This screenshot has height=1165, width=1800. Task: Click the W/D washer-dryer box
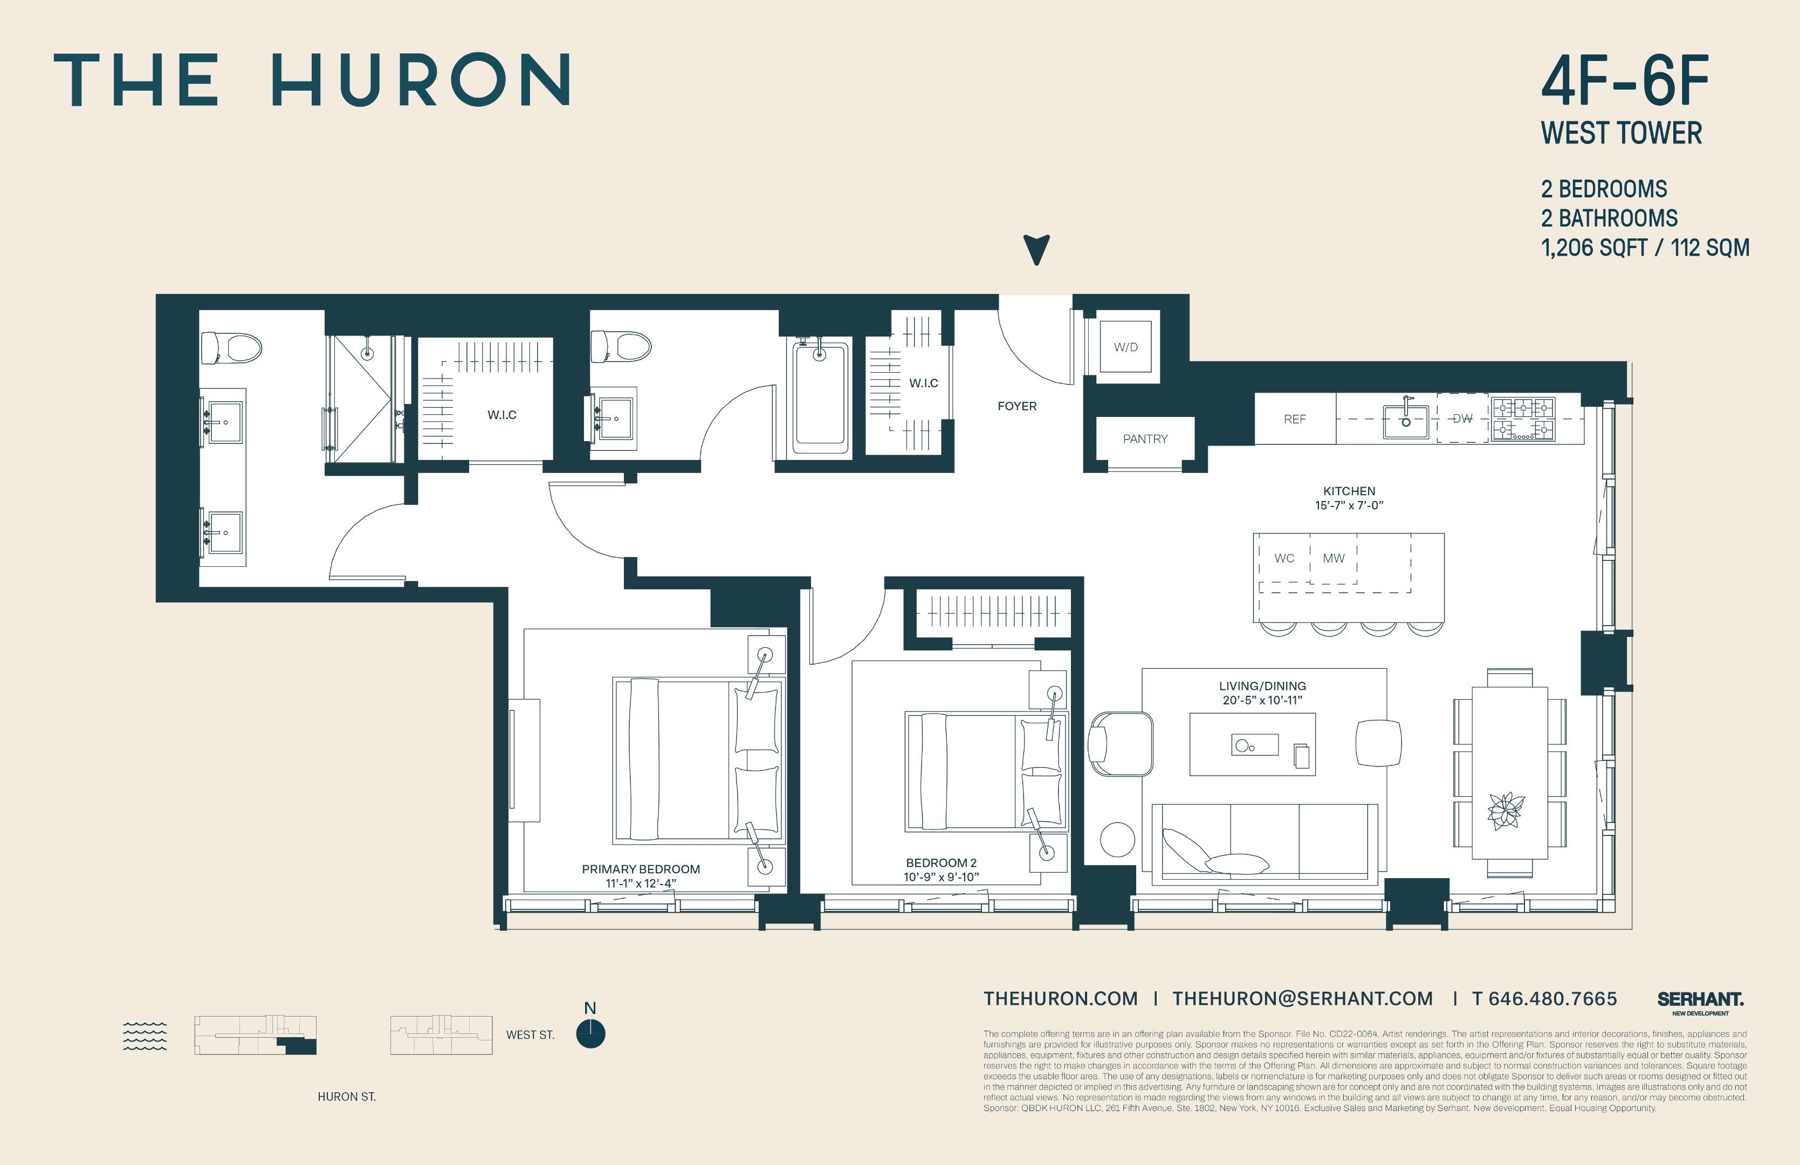pyautogui.click(x=1125, y=346)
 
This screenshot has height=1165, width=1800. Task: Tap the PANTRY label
pyautogui.click(x=1144, y=439)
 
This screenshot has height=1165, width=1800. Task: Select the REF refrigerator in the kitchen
pyautogui.click(x=1295, y=419)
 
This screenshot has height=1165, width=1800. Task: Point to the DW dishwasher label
pyautogui.click(x=1462, y=419)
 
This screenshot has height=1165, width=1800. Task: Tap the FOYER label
pyautogui.click(x=1016, y=406)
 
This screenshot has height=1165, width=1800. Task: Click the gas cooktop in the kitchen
pyautogui.click(x=1522, y=419)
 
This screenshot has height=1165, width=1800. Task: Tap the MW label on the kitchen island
pyautogui.click(x=1334, y=558)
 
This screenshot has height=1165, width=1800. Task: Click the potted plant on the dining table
pyautogui.click(x=1506, y=811)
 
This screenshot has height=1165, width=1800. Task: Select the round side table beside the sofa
pyautogui.click(x=1117, y=840)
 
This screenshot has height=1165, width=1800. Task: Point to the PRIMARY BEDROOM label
pyautogui.click(x=641, y=869)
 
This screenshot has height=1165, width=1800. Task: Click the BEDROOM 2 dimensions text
pyautogui.click(x=941, y=878)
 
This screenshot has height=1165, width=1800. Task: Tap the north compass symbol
pyautogui.click(x=590, y=1033)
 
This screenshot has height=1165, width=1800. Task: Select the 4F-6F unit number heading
pyautogui.click(x=1625, y=81)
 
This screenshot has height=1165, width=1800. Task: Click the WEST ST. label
pyautogui.click(x=530, y=1035)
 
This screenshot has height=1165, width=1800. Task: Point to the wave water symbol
pyautogui.click(x=145, y=1036)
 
